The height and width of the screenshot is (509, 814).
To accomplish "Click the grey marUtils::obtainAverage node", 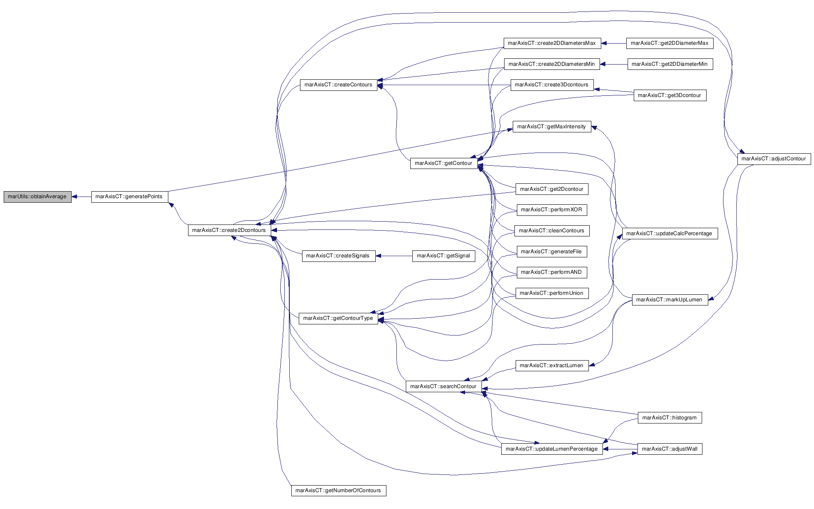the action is coord(37,197).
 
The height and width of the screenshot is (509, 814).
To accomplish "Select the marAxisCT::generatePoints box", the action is coord(130,197).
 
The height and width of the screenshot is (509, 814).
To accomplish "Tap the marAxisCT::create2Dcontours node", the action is coord(230,230).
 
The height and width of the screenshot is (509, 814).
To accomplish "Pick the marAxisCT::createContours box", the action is coord(339,85).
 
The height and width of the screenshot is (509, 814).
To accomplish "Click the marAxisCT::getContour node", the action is coord(444,163).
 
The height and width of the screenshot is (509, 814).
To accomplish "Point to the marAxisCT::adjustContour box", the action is coord(774,159).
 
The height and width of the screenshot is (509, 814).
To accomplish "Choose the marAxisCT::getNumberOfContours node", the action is coord(339,490).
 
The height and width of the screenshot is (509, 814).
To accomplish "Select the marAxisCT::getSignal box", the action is coord(444,256).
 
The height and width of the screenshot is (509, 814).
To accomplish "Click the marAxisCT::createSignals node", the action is coord(339,256).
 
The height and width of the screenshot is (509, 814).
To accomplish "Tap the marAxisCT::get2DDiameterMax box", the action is coord(670,43).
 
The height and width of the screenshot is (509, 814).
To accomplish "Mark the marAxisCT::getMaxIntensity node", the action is coord(552,127).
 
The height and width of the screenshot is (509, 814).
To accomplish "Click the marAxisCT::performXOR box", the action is coord(552,210).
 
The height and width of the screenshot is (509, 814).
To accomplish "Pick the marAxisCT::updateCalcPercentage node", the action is coord(670,234).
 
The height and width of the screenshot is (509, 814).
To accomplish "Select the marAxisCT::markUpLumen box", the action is coord(670,300).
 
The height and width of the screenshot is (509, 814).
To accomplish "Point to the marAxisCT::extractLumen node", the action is coord(552,366).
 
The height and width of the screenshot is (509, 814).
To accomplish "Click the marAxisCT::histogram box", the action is coord(670,418).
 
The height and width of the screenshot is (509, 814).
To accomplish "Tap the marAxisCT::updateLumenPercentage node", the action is coord(552,449).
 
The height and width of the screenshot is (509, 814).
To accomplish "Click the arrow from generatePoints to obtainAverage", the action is coord(81,197).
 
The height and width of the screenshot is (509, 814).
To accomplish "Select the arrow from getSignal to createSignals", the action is coord(394,256).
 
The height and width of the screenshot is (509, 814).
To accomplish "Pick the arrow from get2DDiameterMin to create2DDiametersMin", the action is coord(614,64).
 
